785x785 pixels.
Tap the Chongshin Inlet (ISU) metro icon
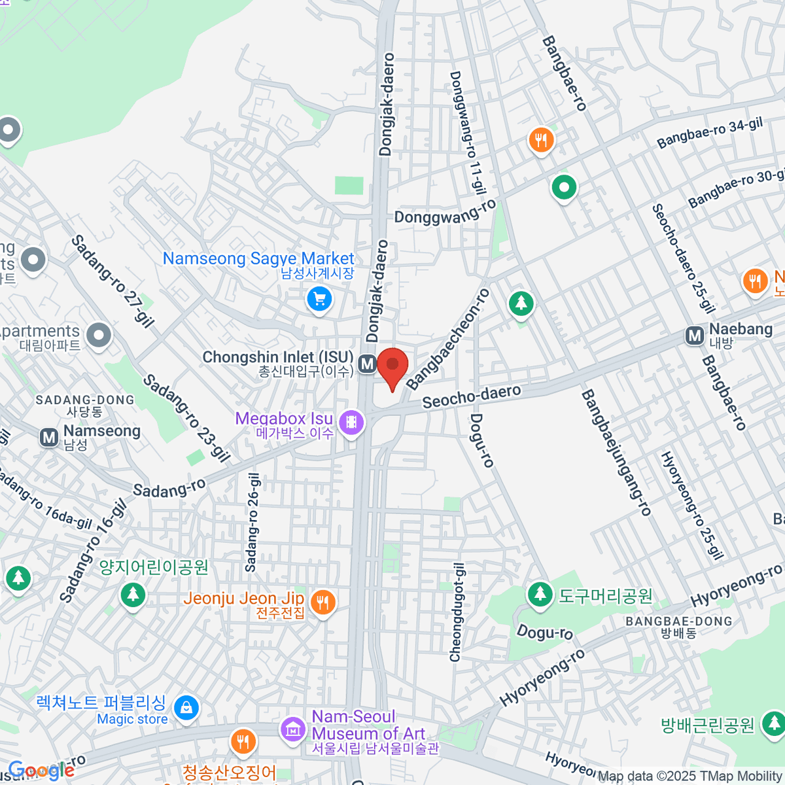click(367, 364)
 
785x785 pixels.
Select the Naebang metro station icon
click(695, 336)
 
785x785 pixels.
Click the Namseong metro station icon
click(49, 437)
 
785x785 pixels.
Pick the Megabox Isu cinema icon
click(352, 422)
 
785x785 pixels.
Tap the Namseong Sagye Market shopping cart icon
click(319, 300)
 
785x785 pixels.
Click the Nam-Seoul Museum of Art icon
click(292, 729)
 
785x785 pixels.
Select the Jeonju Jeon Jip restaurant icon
click(322, 602)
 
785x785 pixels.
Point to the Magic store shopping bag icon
click(186, 708)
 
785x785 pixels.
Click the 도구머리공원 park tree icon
click(540, 594)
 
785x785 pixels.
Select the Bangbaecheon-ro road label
click(447, 339)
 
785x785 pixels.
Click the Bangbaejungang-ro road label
click(616, 453)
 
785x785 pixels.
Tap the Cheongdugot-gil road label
click(457, 612)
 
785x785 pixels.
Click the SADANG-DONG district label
click(85, 400)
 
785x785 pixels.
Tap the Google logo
click(41, 771)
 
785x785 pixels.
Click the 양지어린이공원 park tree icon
click(133, 594)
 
